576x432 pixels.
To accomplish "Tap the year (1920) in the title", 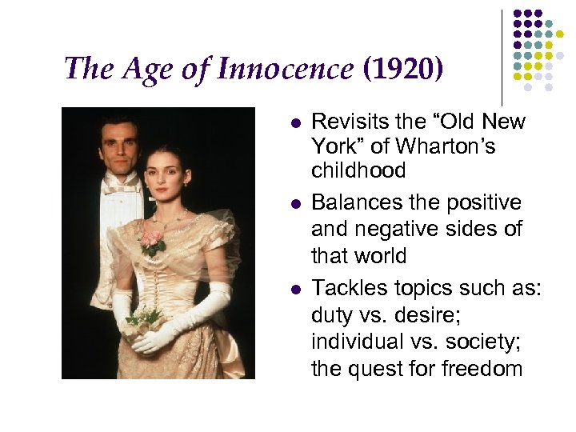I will (402, 69).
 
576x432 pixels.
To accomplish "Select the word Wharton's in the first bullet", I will (456, 147).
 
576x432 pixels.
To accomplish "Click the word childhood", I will (358, 170).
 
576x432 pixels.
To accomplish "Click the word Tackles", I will (349, 287).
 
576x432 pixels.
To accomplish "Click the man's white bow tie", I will (122, 186).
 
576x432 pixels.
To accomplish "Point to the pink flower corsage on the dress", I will (154, 241).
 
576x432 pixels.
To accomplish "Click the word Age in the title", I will (147, 69).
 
